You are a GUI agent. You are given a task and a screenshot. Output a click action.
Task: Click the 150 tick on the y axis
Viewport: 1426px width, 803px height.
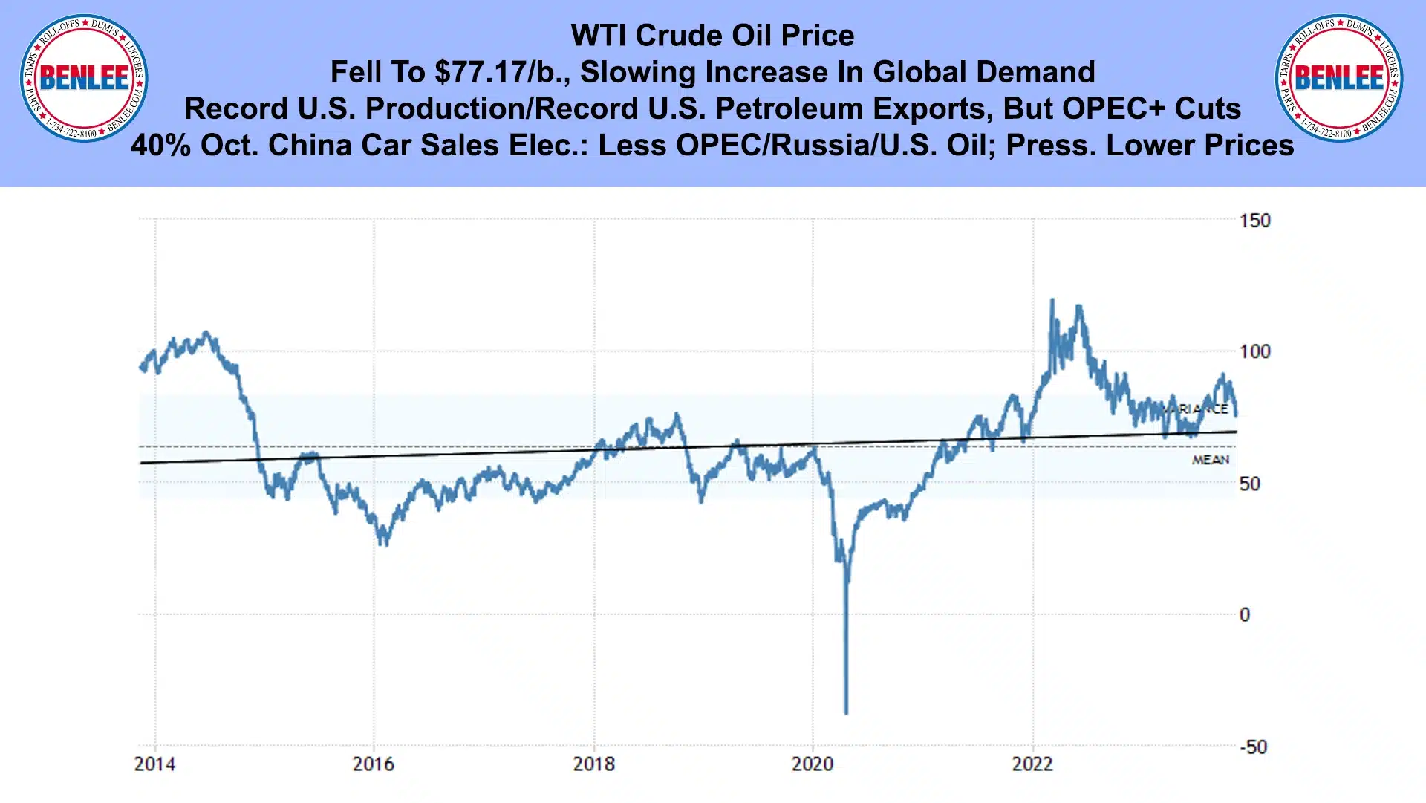tap(1254, 221)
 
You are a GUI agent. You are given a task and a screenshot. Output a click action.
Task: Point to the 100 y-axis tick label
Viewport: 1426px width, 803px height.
tap(1254, 351)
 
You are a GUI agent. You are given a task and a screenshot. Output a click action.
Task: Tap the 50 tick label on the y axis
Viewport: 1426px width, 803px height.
tap(1250, 484)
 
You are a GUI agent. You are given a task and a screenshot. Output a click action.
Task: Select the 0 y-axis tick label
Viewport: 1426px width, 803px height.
tap(1245, 615)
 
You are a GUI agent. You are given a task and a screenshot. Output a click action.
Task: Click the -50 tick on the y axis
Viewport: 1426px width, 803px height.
tap(1254, 747)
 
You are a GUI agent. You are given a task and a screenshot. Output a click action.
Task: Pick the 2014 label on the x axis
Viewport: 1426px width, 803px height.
tap(154, 764)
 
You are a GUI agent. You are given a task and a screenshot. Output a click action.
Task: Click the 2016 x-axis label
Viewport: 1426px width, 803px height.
tap(374, 764)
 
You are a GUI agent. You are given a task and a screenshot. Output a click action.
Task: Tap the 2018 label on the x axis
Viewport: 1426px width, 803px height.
tap(593, 764)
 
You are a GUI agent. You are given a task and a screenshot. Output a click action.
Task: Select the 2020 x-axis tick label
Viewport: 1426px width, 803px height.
tap(813, 764)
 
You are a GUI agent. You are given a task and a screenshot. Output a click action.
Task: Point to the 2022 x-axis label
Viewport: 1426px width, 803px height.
tap(1032, 764)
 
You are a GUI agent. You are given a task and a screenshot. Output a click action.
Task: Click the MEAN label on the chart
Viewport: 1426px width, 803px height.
tap(1211, 460)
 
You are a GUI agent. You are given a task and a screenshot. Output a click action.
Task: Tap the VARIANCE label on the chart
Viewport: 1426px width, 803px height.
tap(1196, 409)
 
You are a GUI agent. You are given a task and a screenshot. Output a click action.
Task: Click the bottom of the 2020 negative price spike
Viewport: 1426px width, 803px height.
tap(846, 713)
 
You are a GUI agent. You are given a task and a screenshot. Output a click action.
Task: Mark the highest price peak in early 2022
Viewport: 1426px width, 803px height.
tap(1052, 300)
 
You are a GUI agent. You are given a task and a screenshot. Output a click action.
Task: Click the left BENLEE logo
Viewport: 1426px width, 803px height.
tap(84, 78)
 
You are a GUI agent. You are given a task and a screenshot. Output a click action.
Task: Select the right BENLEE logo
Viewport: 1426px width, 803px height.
tap(1339, 78)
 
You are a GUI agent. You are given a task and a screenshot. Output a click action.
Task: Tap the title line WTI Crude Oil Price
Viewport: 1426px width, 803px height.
tap(712, 35)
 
